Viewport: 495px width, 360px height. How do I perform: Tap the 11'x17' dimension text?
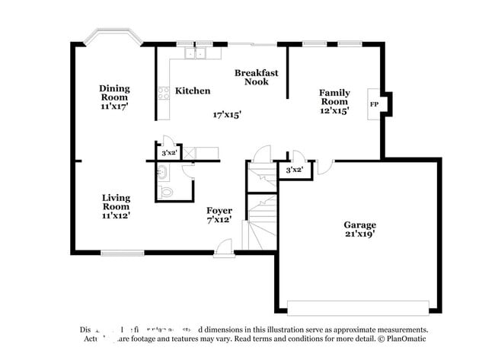click(113, 107)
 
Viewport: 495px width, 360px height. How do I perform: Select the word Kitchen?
click(193, 91)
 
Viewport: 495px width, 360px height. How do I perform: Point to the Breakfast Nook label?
click(256, 77)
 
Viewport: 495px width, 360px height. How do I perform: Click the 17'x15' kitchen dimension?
click(227, 115)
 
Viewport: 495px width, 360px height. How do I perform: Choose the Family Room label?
click(334, 97)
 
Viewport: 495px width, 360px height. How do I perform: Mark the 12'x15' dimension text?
click(334, 111)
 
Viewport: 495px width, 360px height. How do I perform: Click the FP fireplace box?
click(374, 104)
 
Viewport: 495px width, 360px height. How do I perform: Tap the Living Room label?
click(116, 202)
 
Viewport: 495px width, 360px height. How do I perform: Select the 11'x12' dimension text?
click(116, 215)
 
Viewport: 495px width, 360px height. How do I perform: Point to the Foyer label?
click(219, 210)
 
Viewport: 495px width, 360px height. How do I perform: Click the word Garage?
click(359, 225)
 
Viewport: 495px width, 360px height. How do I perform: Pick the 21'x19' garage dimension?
click(359, 235)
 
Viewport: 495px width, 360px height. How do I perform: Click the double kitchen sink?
click(196, 54)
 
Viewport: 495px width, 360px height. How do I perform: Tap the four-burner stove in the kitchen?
click(163, 94)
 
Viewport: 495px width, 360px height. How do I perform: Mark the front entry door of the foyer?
click(222, 247)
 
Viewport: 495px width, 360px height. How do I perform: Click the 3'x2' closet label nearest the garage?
click(294, 170)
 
